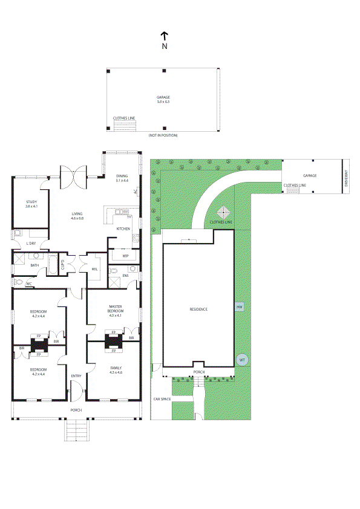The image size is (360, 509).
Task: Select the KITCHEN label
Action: click(x=123, y=229)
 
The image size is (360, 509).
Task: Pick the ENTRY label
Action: click(x=76, y=376)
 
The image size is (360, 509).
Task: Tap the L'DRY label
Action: click(x=31, y=243)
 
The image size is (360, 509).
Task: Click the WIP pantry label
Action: click(x=125, y=256)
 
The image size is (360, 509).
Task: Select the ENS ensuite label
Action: click(x=126, y=276)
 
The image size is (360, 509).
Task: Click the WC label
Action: click(x=28, y=284)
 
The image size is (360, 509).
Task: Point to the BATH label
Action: click(x=35, y=265)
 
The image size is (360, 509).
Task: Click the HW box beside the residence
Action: click(x=240, y=307)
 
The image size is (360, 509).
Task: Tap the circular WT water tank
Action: click(x=242, y=360)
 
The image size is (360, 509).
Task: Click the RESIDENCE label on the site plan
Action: click(x=198, y=309)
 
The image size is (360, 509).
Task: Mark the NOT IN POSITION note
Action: click(x=163, y=135)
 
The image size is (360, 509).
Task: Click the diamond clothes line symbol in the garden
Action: click(x=224, y=213)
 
